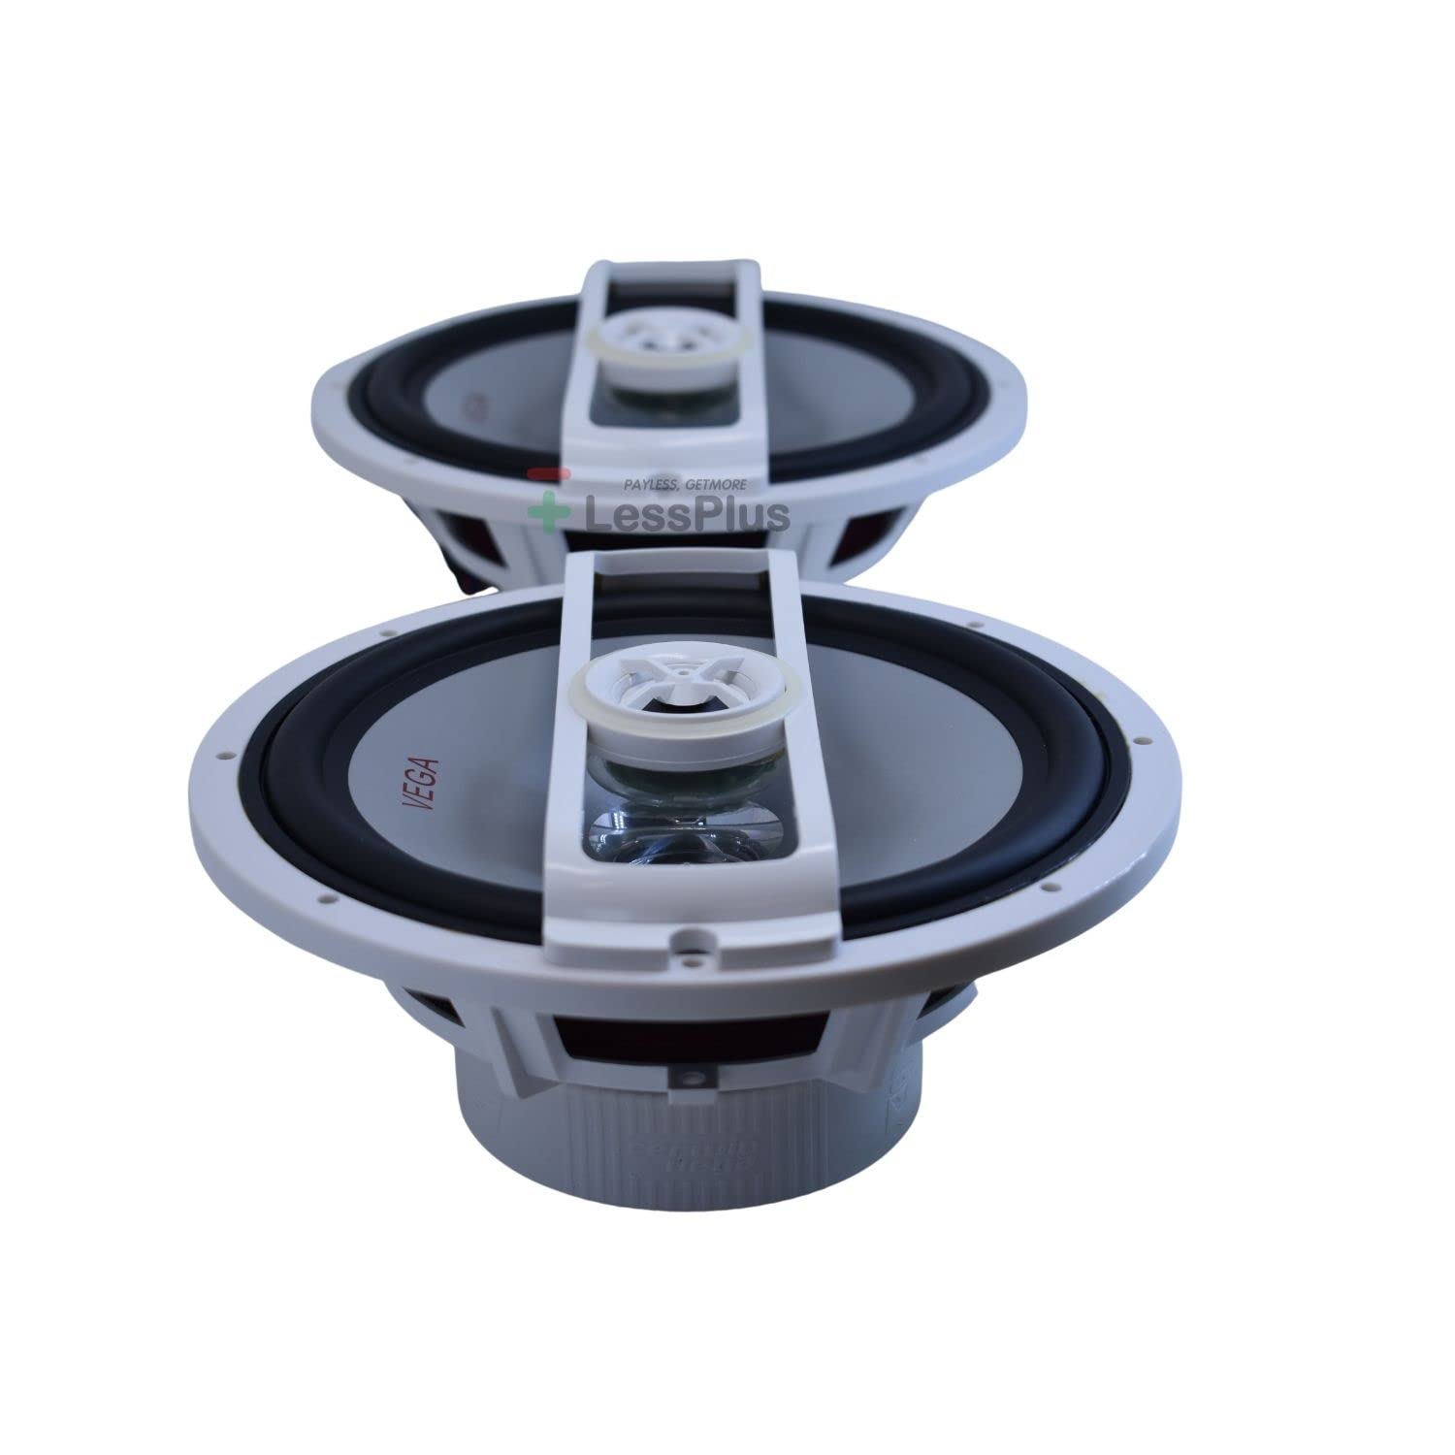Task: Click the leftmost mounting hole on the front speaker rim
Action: click(223, 752)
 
